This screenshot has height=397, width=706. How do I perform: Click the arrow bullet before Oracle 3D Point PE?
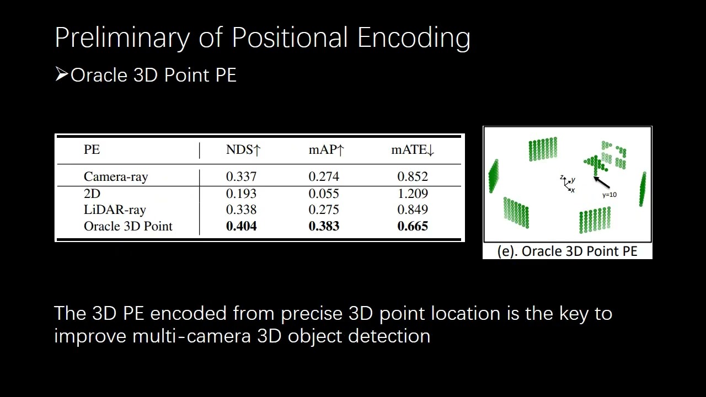tap(61, 74)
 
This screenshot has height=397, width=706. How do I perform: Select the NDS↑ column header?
tap(243, 150)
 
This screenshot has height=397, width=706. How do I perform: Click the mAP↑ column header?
tap(326, 150)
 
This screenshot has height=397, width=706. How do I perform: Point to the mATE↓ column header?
tap(413, 150)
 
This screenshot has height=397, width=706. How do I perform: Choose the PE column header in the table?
tap(92, 150)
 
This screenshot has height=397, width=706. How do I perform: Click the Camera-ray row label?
tap(116, 177)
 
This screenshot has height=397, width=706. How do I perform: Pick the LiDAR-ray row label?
tap(115, 210)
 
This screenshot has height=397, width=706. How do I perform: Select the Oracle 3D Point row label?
tap(128, 227)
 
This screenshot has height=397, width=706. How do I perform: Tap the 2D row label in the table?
tap(92, 194)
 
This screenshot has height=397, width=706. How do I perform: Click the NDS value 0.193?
tap(241, 194)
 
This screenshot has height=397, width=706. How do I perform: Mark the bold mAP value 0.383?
tap(324, 227)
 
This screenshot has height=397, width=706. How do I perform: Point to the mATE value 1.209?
tap(413, 194)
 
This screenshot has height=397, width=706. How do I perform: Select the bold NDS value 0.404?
tap(241, 227)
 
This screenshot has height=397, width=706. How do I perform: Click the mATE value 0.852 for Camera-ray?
tap(413, 177)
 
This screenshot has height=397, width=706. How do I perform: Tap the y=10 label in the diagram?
tap(609, 195)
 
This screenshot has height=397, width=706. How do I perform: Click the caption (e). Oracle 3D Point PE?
tap(567, 251)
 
